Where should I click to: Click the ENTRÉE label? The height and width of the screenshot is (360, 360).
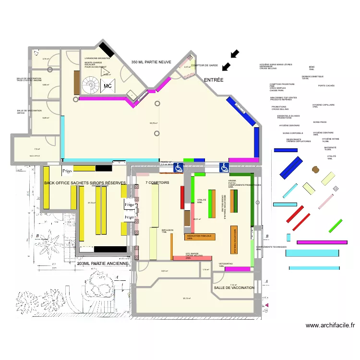[x=214, y=79]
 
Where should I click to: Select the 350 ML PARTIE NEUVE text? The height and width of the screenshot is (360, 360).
[x=151, y=62]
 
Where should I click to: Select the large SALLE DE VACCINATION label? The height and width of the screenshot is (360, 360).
[x=234, y=288]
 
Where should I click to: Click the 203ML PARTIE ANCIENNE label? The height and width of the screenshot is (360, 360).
[x=104, y=264]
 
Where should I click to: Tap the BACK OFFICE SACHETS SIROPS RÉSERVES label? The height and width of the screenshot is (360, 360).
[x=85, y=183]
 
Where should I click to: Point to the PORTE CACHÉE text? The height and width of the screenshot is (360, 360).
[x=326, y=86]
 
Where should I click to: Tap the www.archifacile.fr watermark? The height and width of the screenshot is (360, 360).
[x=330, y=325]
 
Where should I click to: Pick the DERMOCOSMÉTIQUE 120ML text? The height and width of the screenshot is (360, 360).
[x=312, y=77]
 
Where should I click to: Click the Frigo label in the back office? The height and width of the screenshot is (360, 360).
[x=67, y=171]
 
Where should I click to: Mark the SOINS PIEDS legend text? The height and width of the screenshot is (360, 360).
[x=320, y=122]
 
